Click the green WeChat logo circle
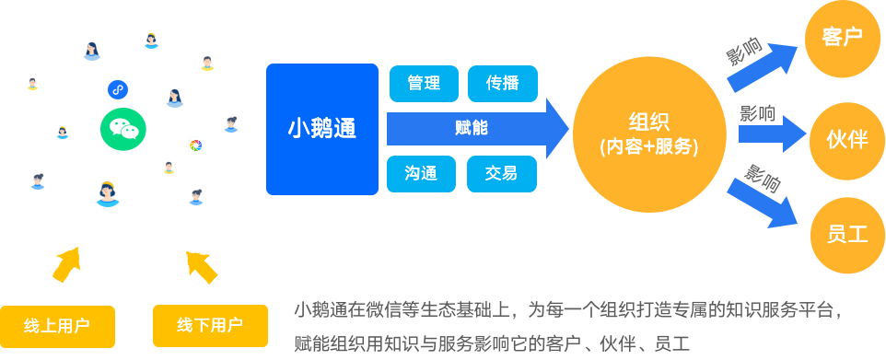tap(122, 129)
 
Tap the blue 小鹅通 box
tap(322, 129)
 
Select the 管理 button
tap(424, 83)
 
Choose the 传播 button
tap(502, 83)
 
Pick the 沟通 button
tap(424, 173)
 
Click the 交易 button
tap(502, 173)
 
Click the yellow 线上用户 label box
tap(57, 325)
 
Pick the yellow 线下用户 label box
tap(210, 325)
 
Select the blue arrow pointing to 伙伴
tap(772, 136)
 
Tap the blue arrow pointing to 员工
tap(763, 203)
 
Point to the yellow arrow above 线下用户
tap(202, 265)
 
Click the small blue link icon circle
tap(117, 89)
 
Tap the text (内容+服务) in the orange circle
tap(648, 145)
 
